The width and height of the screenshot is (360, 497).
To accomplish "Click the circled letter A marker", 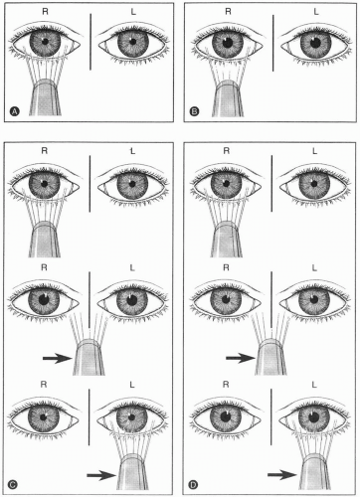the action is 14,111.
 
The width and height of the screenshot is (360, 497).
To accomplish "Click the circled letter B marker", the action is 194,111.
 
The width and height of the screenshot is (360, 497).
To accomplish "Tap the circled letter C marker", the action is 13,485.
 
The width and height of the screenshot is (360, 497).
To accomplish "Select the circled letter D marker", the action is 193,485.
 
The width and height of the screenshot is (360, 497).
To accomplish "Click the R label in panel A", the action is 45,12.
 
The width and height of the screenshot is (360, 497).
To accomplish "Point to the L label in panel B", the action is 316,12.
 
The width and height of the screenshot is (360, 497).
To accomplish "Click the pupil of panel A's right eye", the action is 45,42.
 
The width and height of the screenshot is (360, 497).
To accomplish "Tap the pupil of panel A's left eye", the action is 132,42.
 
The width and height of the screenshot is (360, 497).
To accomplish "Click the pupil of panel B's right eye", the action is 228,43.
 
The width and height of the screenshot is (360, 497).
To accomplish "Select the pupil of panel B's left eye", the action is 315,43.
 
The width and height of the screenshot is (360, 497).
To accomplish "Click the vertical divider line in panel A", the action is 90,42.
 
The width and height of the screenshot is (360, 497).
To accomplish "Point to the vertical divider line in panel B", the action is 272,43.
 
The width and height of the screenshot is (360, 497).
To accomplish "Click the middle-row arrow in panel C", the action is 58,358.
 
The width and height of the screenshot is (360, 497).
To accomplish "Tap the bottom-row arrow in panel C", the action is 101,475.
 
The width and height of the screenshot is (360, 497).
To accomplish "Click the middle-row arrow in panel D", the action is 241,358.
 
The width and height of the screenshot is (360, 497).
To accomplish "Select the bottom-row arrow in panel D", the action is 282,475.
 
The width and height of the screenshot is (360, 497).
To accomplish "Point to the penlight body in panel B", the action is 228,98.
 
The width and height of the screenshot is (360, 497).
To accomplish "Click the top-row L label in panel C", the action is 132,151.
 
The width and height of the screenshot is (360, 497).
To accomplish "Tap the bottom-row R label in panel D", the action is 226,385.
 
